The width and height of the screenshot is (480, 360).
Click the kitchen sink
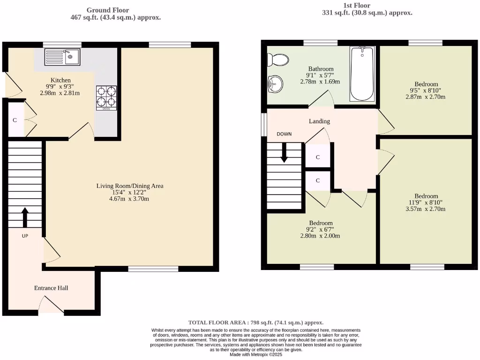pos(62,57)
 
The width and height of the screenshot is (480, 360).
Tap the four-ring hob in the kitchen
pos(106,97)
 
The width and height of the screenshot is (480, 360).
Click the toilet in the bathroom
pos(277,60)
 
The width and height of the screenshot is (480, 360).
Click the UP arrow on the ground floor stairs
pos(25,217)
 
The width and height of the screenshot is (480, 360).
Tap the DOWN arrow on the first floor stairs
pos(284,153)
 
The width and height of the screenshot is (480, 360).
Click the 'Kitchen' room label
pos(60,80)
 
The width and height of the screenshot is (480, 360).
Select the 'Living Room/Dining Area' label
pos(130,186)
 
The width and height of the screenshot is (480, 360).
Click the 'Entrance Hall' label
pos(51,288)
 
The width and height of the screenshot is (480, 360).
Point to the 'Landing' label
pos(319,121)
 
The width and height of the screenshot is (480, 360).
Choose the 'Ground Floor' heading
pos(108,10)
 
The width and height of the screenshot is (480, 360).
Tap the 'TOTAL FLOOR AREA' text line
pos(255,322)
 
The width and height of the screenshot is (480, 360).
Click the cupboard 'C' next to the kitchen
pos(15,120)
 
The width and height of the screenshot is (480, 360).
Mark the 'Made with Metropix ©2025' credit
pos(256,354)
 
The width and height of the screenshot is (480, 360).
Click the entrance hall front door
pos(51,307)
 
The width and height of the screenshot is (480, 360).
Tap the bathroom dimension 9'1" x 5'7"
pos(321,75)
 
